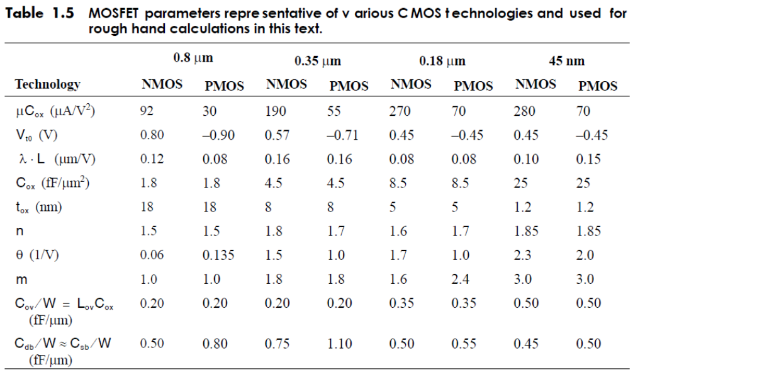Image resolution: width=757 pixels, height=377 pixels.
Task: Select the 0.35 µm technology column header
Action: coord(317,61)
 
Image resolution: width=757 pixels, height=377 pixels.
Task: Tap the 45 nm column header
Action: coord(566,61)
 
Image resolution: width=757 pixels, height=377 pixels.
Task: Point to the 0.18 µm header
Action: coord(442,61)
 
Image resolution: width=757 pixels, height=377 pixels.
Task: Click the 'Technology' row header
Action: coord(48,84)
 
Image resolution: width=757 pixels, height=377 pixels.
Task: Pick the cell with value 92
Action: coord(147,111)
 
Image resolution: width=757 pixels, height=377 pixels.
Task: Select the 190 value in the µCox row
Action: coord(276,111)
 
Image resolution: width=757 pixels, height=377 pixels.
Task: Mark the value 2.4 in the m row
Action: coord(461,279)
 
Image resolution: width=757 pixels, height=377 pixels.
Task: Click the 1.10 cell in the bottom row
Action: coord(339,344)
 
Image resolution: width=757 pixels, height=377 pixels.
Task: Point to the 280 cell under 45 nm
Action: coord(524,111)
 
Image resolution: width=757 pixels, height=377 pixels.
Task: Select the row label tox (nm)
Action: coord(38,208)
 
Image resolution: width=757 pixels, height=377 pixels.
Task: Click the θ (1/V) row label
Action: coord(40,256)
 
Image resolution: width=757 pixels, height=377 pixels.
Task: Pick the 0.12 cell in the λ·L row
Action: coord(149,159)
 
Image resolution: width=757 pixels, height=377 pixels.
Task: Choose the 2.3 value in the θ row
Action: coord(523,256)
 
